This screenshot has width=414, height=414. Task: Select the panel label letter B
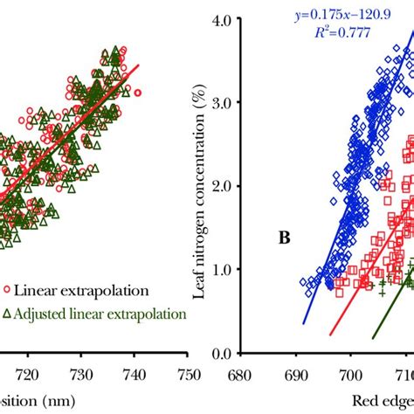point(285,237)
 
